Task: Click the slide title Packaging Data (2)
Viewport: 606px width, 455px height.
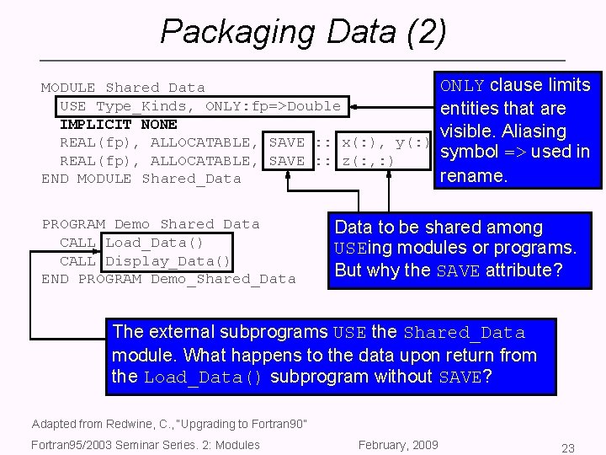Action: tap(303, 32)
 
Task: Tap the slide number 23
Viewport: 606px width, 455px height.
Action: tap(568, 448)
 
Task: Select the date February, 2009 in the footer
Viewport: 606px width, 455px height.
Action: tap(398, 445)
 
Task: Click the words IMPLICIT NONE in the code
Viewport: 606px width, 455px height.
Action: tap(118, 124)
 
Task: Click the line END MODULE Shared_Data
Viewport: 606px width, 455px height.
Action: tap(141, 179)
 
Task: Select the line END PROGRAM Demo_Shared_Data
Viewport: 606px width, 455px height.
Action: tap(168, 279)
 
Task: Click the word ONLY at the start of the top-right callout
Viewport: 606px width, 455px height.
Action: tap(462, 86)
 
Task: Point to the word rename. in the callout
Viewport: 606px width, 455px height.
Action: tap(474, 176)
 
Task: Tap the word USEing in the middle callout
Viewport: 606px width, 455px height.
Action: tap(362, 249)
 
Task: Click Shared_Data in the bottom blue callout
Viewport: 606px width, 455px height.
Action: tap(464, 333)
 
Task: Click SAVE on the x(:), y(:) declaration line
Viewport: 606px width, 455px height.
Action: tap(286, 142)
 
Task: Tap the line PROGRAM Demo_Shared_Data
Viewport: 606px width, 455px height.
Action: tap(151, 224)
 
